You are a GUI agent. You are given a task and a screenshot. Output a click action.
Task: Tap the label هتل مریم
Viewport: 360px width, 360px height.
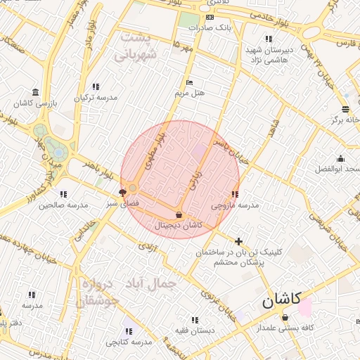click(x=189, y=93)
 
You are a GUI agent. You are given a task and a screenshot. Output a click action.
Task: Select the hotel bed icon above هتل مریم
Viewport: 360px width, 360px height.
click(x=188, y=83)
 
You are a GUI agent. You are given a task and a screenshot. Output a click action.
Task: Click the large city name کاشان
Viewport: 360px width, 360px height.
click(x=281, y=301)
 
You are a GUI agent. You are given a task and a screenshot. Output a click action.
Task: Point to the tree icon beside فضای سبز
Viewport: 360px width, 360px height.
click(x=123, y=191)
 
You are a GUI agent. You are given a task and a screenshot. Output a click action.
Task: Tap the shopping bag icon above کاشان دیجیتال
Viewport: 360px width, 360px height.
click(x=178, y=214)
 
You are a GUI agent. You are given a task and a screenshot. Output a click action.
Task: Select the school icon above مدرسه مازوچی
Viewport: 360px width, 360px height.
click(x=235, y=195)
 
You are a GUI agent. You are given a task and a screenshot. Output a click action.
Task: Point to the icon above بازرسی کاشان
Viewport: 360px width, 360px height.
click(x=35, y=93)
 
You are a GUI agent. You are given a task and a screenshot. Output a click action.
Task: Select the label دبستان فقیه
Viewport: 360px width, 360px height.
click(x=206, y=330)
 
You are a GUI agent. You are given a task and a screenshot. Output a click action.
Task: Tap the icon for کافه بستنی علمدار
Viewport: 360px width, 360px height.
click(x=285, y=317)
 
